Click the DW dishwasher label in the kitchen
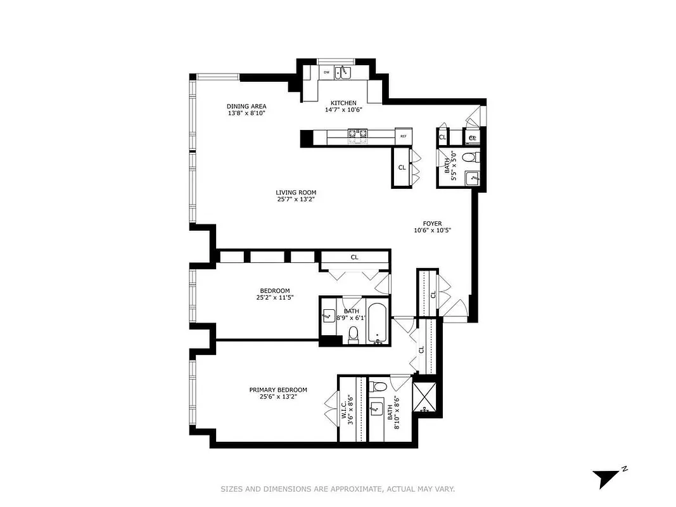(326, 72)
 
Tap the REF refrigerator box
(403, 136)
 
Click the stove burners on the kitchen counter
(357, 134)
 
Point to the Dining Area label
(246, 106)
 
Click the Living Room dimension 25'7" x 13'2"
(295, 199)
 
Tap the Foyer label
(432, 223)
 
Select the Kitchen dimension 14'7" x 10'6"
(343, 110)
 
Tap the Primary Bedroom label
(278, 390)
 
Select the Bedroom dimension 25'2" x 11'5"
(274, 297)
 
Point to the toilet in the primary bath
(379, 385)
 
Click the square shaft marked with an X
(424, 396)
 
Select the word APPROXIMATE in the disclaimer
(357, 489)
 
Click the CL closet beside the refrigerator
(402, 167)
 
